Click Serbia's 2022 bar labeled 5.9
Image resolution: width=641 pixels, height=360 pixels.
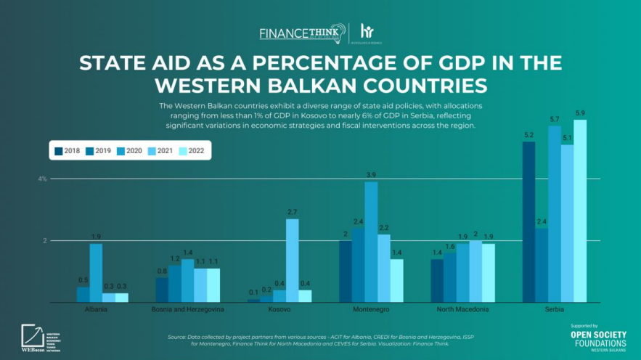point(580,210)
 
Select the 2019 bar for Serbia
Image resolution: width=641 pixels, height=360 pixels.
point(541,265)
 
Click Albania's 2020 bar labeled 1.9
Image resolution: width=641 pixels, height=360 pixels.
point(96,272)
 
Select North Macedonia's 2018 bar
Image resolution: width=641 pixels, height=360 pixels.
point(437,280)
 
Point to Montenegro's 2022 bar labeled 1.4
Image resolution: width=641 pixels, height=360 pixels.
point(397,280)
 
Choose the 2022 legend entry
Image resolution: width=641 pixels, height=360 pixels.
point(192,151)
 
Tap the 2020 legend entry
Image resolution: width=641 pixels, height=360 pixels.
point(131,151)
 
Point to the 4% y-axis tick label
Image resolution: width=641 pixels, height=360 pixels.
point(43,179)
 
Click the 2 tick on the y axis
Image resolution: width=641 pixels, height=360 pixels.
point(44,240)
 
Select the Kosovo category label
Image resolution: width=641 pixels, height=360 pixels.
point(279,309)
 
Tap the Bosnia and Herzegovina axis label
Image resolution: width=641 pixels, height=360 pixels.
point(187,309)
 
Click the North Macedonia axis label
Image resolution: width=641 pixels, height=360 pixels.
point(462,309)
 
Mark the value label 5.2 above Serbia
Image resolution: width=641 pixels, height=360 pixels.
point(528,135)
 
